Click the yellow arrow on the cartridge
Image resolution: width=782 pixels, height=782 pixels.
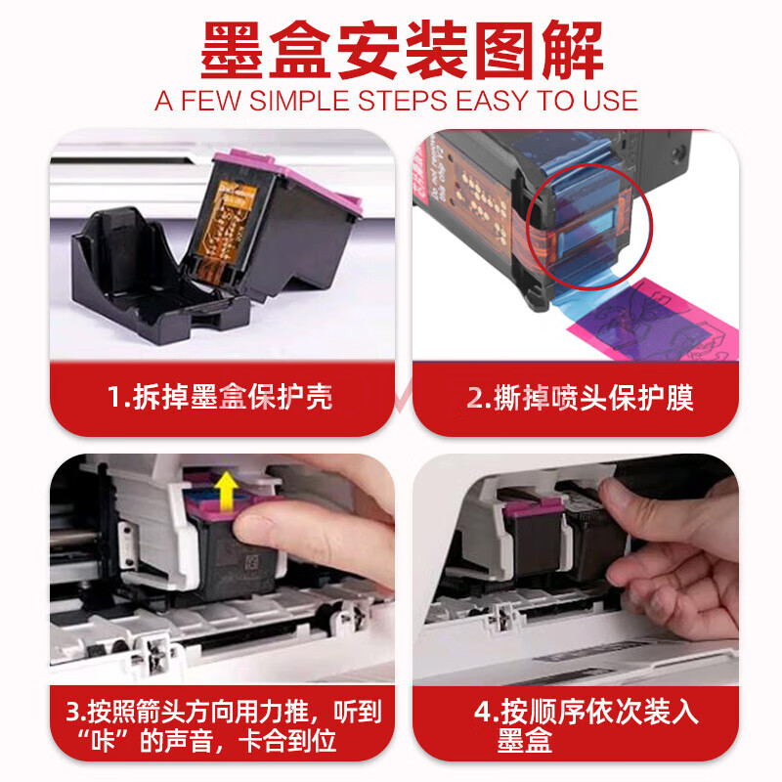coord(227,492)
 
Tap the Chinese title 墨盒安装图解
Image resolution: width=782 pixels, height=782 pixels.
coord(402,51)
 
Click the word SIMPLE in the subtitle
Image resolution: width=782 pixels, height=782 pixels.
coord(299,101)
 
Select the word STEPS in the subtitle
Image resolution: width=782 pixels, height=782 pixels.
coord(403,101)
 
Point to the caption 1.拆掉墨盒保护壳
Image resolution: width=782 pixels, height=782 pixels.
coord(220,398)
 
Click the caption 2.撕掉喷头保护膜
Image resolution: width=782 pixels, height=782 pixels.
coord(580,398)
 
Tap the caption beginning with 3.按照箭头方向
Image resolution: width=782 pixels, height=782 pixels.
coord(223,726)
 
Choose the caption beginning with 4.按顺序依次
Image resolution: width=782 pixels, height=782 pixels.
coord(586,726)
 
